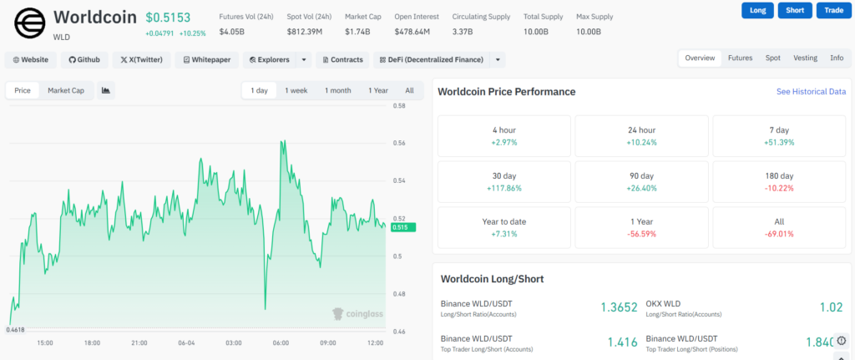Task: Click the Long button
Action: click(757, 10)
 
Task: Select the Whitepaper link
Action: click(207, 60)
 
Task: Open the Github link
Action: click(84, 60)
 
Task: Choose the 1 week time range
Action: click(296, 90)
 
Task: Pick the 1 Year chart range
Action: click(378, 90)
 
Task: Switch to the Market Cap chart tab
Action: click(66, 90)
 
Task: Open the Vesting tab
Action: click(806, 58)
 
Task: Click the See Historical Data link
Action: click(812, 92)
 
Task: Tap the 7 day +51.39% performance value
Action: click(779, 142)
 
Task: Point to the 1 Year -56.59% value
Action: click(642, 234)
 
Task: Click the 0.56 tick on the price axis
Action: click(398, 144)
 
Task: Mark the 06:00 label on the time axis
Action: click(281, 343)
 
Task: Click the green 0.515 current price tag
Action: click(403, 227)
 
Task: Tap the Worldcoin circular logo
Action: click(31, 23)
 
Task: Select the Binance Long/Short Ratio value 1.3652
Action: click(619, 307)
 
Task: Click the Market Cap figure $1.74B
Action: click(357, 32)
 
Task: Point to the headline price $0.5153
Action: click(168, 18)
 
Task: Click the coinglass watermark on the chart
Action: click(357, 313)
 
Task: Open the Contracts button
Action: click(342, 60)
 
